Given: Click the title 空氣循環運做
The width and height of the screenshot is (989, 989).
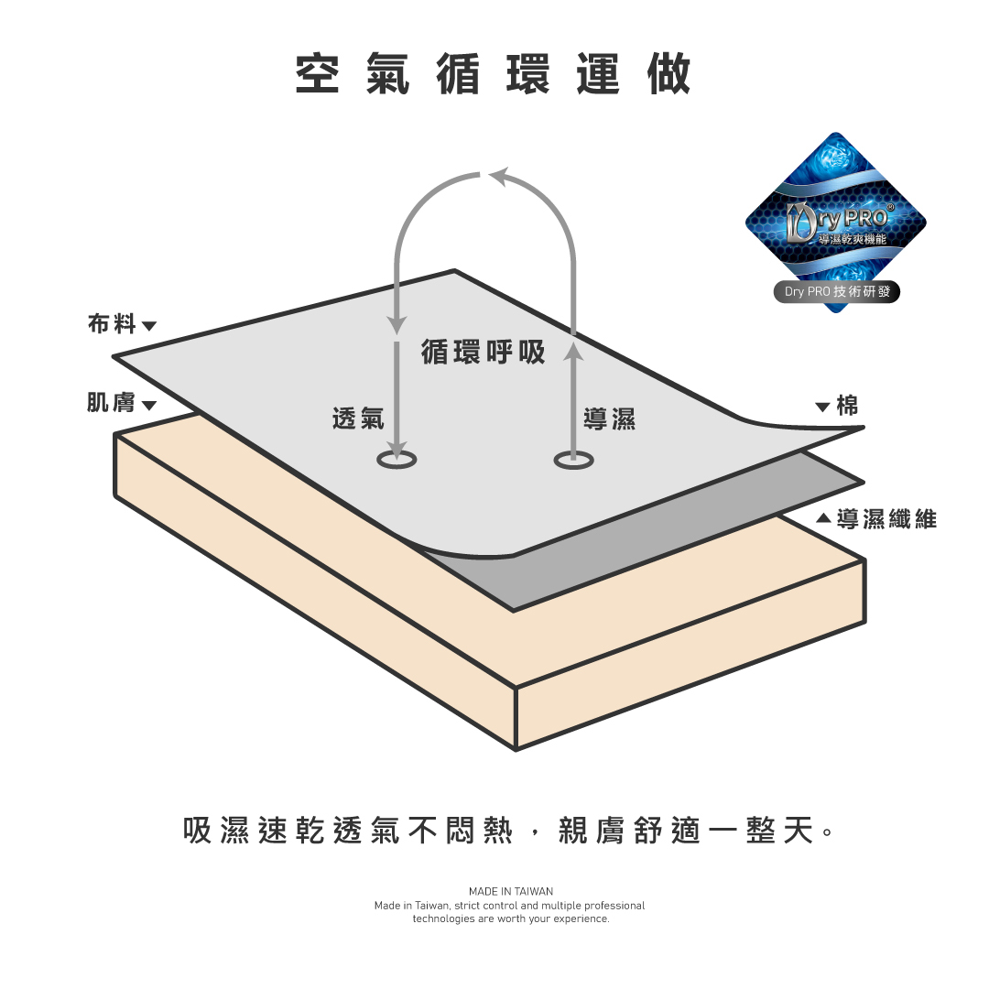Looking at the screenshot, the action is click(494, 74).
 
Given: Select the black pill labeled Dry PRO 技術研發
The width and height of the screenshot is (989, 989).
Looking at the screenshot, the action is click(836, 292).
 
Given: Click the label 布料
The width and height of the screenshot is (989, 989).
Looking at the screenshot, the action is click(112, 324).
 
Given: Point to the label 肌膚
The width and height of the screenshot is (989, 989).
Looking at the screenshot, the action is click(111, 403).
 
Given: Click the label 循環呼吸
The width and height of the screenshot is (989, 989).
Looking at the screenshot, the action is click(484, 352).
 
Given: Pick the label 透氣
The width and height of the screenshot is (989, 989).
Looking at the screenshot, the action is click(358, 418).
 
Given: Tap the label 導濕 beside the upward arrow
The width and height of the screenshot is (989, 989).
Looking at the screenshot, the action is click(609, 418).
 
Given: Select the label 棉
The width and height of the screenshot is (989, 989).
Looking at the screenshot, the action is click(848, 406).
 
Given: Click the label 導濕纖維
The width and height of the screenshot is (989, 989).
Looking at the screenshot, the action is click(886, 518).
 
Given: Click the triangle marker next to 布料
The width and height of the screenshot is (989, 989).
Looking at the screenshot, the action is click(149, 326).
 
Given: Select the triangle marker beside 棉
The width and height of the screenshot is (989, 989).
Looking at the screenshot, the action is click(822, 407).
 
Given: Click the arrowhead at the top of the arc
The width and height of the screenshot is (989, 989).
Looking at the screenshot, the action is click(499, 174).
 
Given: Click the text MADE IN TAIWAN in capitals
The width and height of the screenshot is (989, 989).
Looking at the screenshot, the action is click(511, 891).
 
